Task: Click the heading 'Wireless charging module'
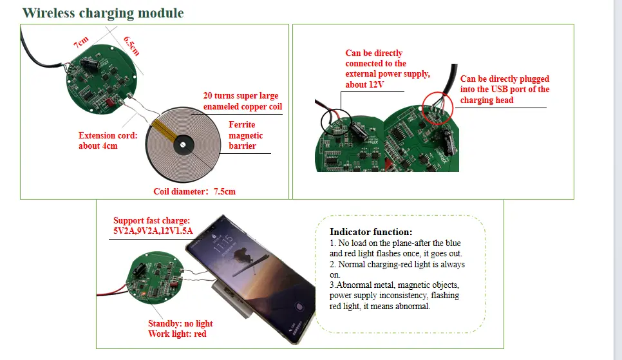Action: click(102, 13)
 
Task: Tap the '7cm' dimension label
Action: click(80, 44)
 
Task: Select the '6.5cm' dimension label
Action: click(131, 44)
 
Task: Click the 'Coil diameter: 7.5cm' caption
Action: click(194, 191)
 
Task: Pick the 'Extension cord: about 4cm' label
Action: click(108, 140)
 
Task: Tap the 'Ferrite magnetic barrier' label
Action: click(245, 135)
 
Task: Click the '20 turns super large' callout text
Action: click(241, 96)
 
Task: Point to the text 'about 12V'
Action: click(365, 84)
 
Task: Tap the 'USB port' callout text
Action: click(505, 90)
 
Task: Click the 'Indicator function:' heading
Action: click(371, 232)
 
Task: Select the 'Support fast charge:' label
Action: click(152, 220)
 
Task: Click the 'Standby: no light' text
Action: click(180, 323)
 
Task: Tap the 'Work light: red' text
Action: click(177, 334)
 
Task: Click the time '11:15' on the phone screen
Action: click(222, 245)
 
